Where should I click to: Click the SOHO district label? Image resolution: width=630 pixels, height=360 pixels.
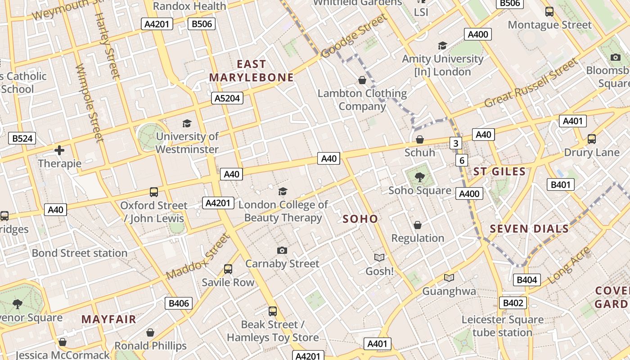[360, 219]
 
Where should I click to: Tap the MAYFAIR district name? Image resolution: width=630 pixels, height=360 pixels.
[108, 319]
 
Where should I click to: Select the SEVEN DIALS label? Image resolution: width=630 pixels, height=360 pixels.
[529, 229]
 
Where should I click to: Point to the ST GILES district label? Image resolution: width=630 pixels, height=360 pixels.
[499, 171]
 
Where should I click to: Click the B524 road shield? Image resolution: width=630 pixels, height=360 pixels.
[22, 138]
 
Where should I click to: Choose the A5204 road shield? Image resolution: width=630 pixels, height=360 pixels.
[227, 98]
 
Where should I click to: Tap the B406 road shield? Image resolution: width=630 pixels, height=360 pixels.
[179, 303]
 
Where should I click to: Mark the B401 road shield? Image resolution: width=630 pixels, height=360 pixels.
[560, 184]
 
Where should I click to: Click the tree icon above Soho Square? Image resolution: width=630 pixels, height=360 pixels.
[419, 177]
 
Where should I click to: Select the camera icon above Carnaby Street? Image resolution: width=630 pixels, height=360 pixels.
[282, 250]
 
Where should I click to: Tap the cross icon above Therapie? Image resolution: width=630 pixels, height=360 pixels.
[59, 150]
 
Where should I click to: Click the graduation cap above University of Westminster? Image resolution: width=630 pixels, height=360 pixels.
[187, 123]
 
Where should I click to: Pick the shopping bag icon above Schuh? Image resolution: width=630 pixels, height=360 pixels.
[419, 139]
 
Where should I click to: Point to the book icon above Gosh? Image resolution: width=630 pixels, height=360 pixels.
[379, 258]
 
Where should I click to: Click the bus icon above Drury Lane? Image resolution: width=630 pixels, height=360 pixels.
[591, 139]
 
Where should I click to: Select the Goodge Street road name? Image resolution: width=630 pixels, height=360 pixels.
[354, 36]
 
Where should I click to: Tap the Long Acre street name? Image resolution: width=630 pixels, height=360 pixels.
[569, 265]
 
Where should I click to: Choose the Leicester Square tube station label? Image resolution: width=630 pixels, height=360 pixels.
[502, 326]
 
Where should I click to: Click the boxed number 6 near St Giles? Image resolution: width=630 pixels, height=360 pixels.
[461, 160]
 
